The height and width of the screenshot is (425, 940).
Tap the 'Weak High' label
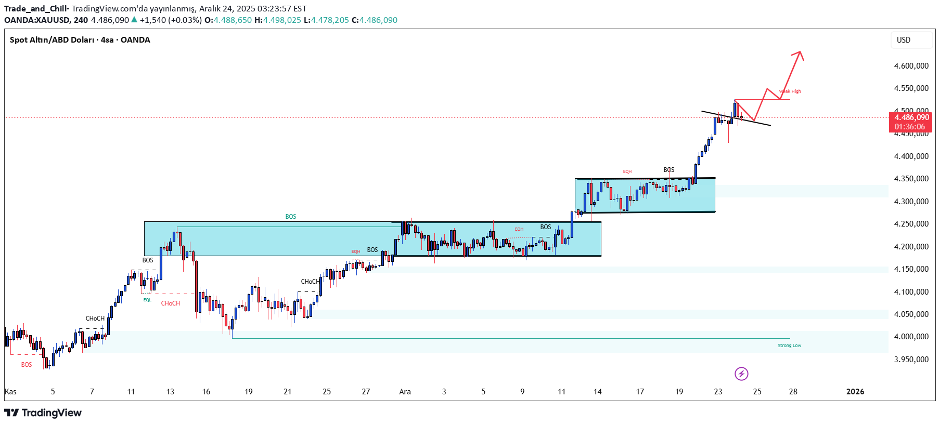click(x=790, y=91)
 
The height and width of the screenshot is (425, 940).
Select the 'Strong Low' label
click(x=789, y=346)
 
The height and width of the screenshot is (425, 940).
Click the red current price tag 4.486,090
click(x=910, y=122)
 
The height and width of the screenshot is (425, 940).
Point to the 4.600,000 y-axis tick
click(x=911, y=66)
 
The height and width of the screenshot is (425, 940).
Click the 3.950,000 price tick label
click(x=911, y=360)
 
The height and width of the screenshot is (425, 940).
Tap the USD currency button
click(x=904, y=40)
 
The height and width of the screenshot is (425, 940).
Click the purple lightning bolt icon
click(x=741, y=374)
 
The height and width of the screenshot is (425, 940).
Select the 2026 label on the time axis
click(x=855, y=392)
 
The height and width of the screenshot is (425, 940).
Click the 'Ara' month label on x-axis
click(x=405, y=392)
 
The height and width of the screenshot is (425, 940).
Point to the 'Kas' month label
click(x=10, y=392)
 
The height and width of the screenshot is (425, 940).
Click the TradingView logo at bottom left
click(x=43, y=413)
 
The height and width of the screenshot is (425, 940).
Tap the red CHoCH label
click(x=170, y=303)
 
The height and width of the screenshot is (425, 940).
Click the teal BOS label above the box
click(x=290, y=217)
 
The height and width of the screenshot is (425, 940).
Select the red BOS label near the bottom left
click(x=27, y=365)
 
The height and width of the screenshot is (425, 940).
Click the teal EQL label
click(x=147, y=300)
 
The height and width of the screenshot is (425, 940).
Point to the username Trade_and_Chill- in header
click(x=36, y=9)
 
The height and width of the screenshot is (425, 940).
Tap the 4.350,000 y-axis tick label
click(x=911, y=179)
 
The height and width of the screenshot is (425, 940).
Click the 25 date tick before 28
click(x=757, y=392)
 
